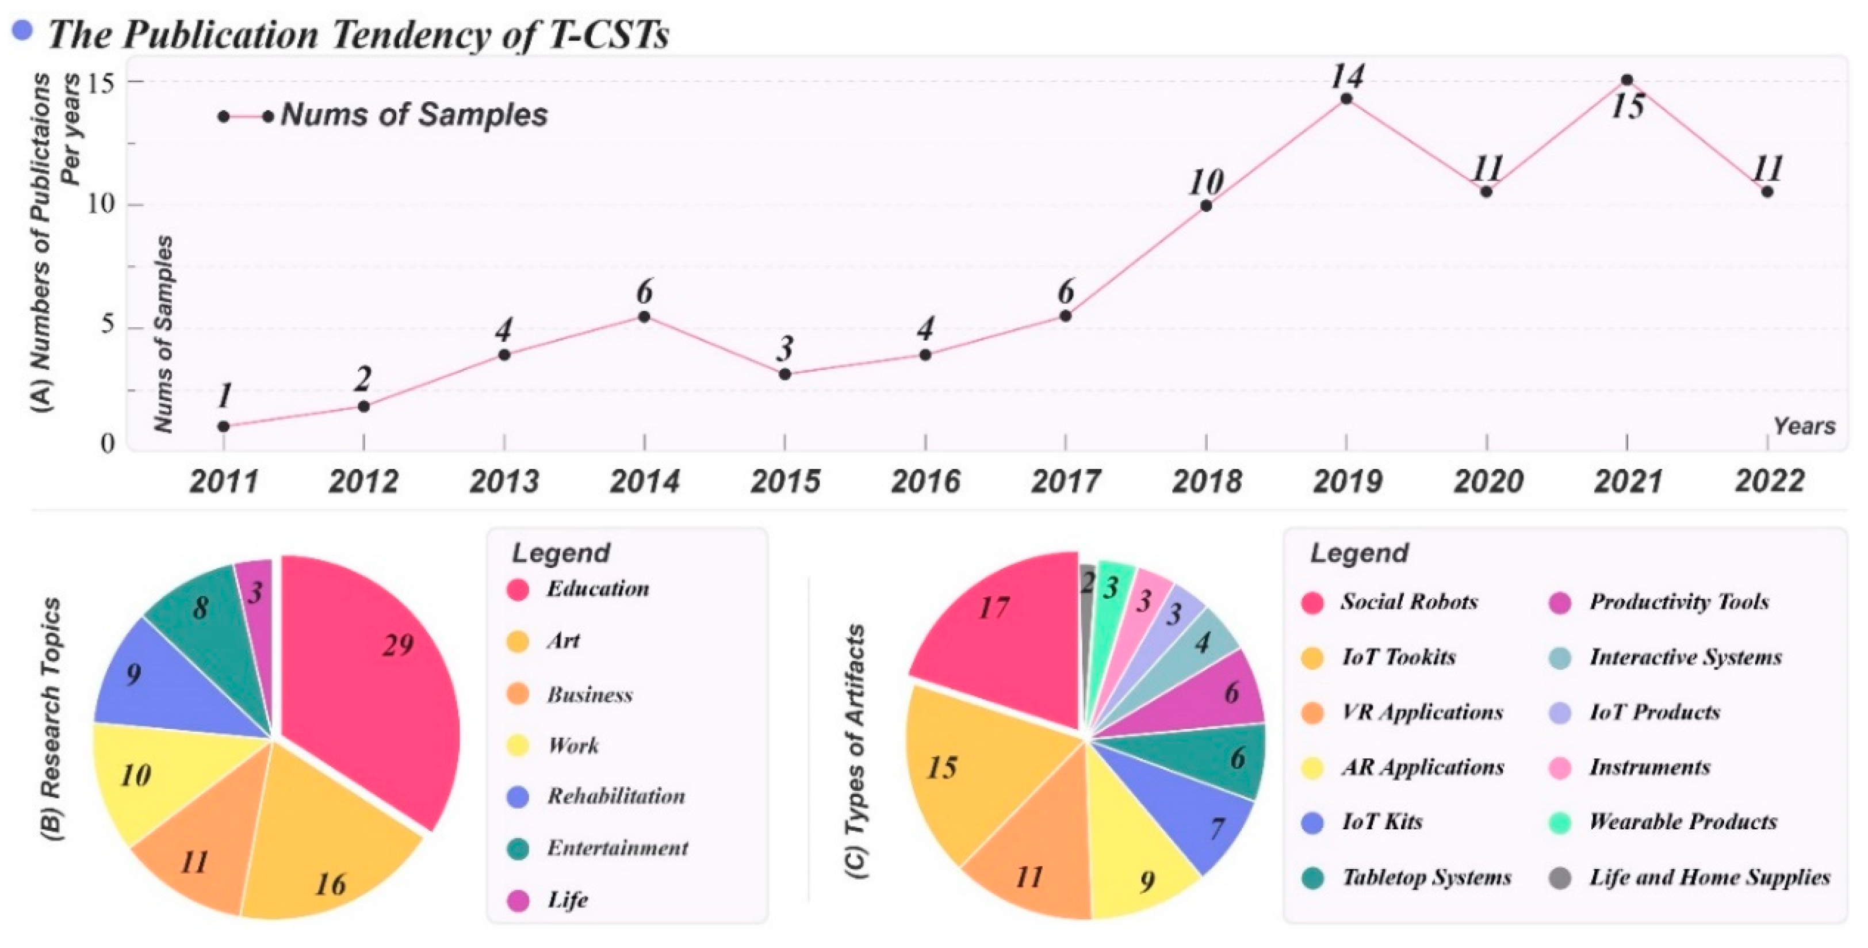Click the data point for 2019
point(1346,98)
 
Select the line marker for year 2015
point(784,374)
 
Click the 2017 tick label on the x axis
point(1065,481)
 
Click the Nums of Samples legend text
point(414,115)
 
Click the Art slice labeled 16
point(330,856)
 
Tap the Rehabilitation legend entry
point(615,796)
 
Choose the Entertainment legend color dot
point(518,848)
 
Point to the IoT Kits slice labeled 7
point(1211,827)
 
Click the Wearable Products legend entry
point(1682,822)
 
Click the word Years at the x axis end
point(1804,426)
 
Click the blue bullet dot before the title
point(22,30)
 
